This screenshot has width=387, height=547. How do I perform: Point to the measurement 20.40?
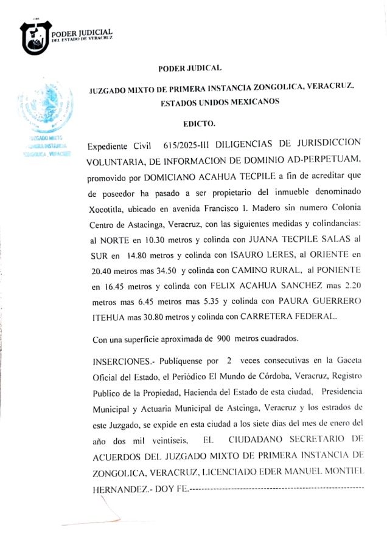pos(102,273)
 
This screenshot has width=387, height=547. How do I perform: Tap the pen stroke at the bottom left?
pos(97,517)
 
